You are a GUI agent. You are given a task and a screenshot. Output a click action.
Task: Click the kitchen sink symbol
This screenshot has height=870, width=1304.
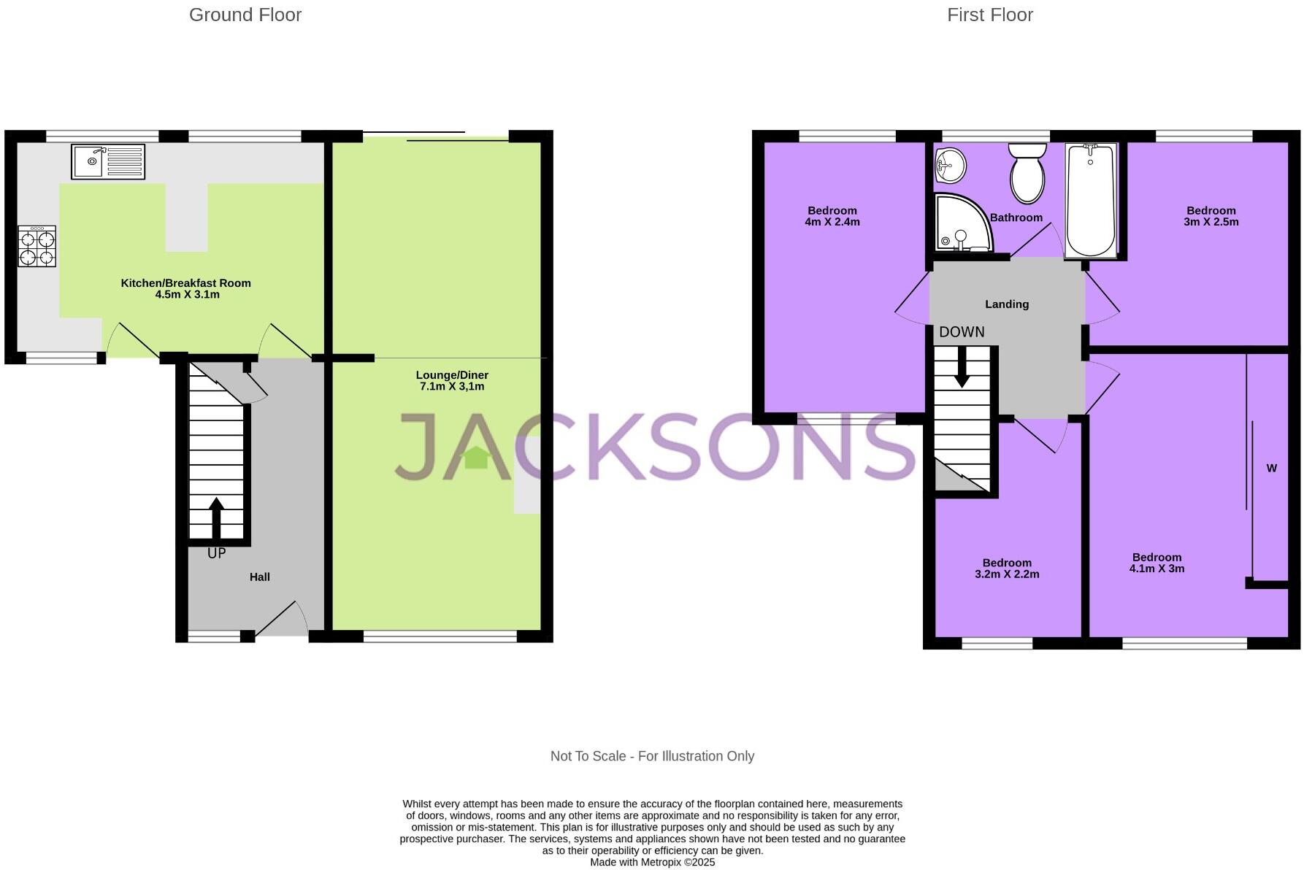tap(108, 161)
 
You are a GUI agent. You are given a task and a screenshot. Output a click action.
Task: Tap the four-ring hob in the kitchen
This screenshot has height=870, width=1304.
tap(37, 247)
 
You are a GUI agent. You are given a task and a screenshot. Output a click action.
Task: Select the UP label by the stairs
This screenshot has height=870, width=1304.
tap(217, 554)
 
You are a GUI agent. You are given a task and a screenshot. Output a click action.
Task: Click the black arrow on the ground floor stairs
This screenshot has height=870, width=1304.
tap(217, 518)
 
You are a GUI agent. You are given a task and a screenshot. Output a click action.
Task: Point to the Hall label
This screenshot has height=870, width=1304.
tap(260, 577)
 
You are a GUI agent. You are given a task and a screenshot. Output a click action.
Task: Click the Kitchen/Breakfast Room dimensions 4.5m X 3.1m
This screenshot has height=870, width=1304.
tap(187, 295)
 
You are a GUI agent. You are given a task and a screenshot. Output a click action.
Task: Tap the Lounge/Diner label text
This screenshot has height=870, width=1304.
tap(452, 375)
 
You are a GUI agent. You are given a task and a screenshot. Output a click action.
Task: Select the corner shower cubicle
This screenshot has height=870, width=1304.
tap(962, 223)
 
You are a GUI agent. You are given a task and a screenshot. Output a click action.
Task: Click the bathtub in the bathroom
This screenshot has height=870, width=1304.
tap(1090, 199)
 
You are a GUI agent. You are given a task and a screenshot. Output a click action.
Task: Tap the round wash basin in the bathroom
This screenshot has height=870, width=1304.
tap(950, 165)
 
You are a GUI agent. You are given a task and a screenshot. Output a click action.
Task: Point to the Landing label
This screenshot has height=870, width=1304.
tap(1007, 304)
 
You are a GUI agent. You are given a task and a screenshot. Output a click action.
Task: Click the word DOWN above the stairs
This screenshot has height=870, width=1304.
tap(962, 332)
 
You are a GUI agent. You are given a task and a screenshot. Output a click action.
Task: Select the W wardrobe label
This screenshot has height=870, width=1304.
tap(1271, 469)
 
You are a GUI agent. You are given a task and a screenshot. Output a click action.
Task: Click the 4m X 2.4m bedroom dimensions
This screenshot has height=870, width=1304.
tap(832, 222)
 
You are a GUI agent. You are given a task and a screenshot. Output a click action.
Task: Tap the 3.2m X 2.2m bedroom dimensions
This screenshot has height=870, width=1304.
tap(1007, 574)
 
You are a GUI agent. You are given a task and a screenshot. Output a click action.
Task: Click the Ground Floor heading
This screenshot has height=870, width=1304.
tap(245, 15)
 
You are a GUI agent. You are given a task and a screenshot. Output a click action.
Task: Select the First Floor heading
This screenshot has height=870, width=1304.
tap(989, 15)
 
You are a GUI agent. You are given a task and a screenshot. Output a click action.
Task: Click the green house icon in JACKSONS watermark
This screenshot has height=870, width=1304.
tap(477, 458)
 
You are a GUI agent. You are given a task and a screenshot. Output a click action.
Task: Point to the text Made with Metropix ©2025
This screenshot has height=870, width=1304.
tap(652, 862)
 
